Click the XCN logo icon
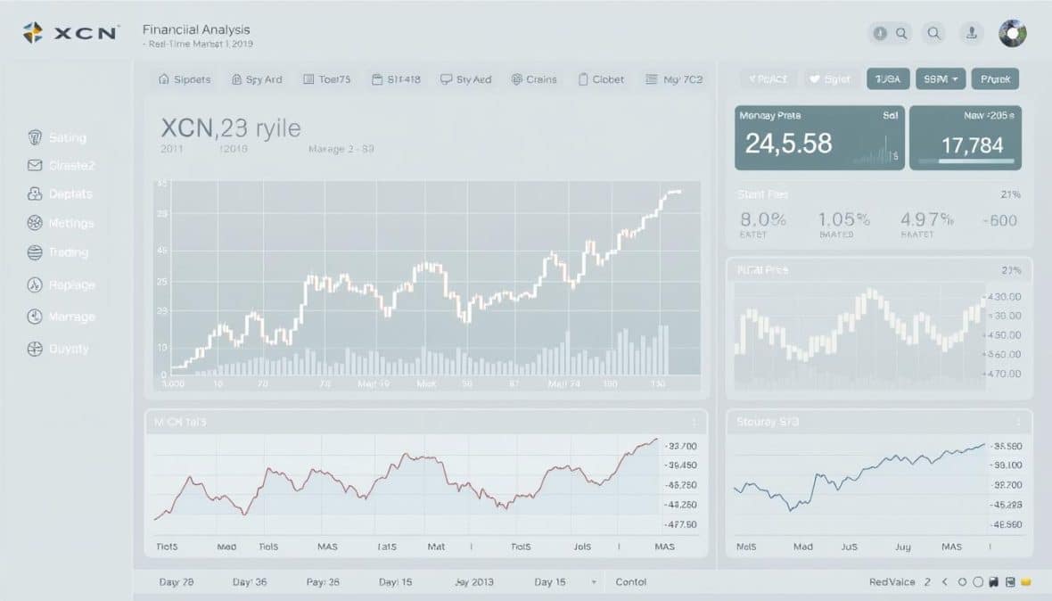[x=33, y=33]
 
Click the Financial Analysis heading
[x=196, y=29]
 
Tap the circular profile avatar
[x=1013, y=34]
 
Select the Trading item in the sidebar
[x=68, y=252]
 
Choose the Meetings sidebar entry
[x=70, y=223]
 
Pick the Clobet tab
[x=601, y=79]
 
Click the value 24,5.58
[x=788, y=143]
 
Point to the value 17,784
[x=973, y=144]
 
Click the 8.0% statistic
[x=763, y=219]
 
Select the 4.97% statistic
[x=927, y=219]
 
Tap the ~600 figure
[x=999, y=220]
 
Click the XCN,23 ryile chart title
[x=232, y=127]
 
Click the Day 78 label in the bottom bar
[x=176, y=581]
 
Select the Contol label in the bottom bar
[x=631, y=581]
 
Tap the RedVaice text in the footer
[x=892, y=581]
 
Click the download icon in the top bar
[x=971, y=34]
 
